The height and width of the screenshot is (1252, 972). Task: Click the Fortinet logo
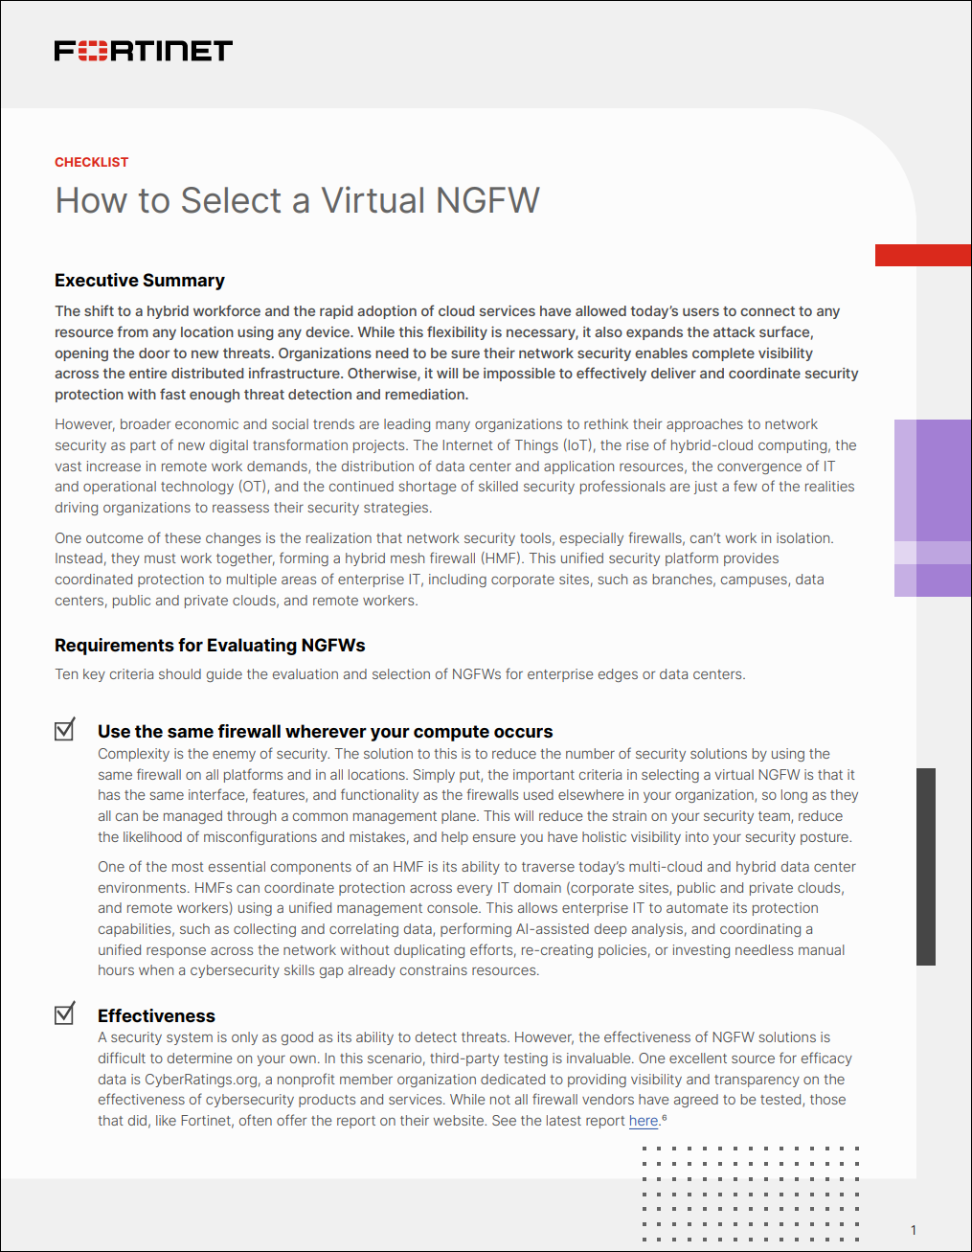pyautogui.click(x=144, y=51)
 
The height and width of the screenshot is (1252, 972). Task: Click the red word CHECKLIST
pyautogui.click(x=91, y=162)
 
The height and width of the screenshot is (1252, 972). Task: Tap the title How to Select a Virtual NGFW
pyautogui.click(x=297, y=200)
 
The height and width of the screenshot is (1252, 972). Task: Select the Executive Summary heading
pyautogui.click(x=140, y=281)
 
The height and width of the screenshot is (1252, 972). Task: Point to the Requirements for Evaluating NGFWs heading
pyautogui.click(x=210, y=646)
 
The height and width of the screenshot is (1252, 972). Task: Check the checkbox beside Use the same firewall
pyautogui.click(x=65, y=730)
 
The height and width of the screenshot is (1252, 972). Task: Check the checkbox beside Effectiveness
pyautogui.click(x=65, y=1013)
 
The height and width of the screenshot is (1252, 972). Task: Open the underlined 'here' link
pyautogui.click(x=644, y=1121)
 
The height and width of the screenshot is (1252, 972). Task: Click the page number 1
pyautogui.click(x=914, y=1230)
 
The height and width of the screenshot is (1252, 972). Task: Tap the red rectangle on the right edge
pyautogui.click(x=923, y=255)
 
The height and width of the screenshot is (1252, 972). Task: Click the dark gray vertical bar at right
pyautogui.click(x=926, y=866)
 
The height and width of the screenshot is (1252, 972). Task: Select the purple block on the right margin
pyautogui.click(x=933, y=508)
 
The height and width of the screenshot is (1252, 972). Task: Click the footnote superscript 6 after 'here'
pyautogui.click(x=665, y=1117)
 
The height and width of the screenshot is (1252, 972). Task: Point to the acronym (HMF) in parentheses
pyautogui.click(x=500, y=558)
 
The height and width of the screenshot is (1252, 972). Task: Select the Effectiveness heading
pyautogui.click(x=156, y=1016)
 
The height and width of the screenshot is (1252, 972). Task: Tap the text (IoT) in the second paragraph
pyautogui.click(x=577, y=445)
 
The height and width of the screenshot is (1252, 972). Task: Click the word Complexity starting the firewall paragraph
pyautogui.click(x=133, y=754)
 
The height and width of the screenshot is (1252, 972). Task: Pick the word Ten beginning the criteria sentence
pyautogui.click(x=66, y=674)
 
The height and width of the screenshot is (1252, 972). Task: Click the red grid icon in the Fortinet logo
pyautogui.click(x=92, y=51)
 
